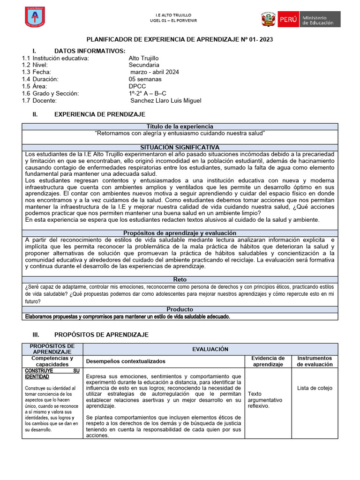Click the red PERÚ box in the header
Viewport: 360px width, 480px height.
click(x=287, y=20)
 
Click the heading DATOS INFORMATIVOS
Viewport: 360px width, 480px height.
click(x=90, y=51)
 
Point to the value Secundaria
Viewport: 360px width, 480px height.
click(x=144, y=65)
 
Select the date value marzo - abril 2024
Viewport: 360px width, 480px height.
click(x=154, y=72)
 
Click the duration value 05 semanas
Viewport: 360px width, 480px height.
click(x=145, y=79)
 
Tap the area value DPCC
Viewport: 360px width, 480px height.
click(x=137, y=86)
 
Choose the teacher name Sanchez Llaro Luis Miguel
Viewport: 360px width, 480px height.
click(x=165, y=100)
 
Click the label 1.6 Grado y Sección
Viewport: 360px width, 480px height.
click(x=50, y=93)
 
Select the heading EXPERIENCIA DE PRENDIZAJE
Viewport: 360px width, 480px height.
click(x=100, y=114)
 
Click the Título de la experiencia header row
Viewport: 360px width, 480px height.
click(x=180, y=127)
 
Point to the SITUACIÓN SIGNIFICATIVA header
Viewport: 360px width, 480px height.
click(x=180, y=147)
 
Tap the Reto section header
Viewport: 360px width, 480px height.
click(x=180, y=279)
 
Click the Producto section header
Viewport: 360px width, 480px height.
click(x=180, y=309)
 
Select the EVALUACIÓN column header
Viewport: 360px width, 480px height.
click(x=210, y=349)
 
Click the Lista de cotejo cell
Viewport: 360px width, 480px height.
click(x=315, y=388)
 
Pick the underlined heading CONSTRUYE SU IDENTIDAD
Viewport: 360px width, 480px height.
click(x=52, y=374)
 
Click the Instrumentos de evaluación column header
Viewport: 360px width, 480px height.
click(x=315, y=361)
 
